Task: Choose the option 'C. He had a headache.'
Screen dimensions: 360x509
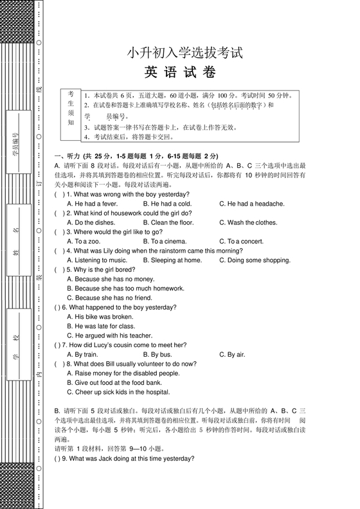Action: (x=251, y=204)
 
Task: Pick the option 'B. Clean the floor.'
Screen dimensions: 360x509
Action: (x=168, y=222)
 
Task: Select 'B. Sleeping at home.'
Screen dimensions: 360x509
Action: (x=172, y=260)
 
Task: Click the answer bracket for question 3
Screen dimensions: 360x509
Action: (x=59, y=232)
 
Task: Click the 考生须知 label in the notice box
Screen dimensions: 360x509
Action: (x=71, y=108)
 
